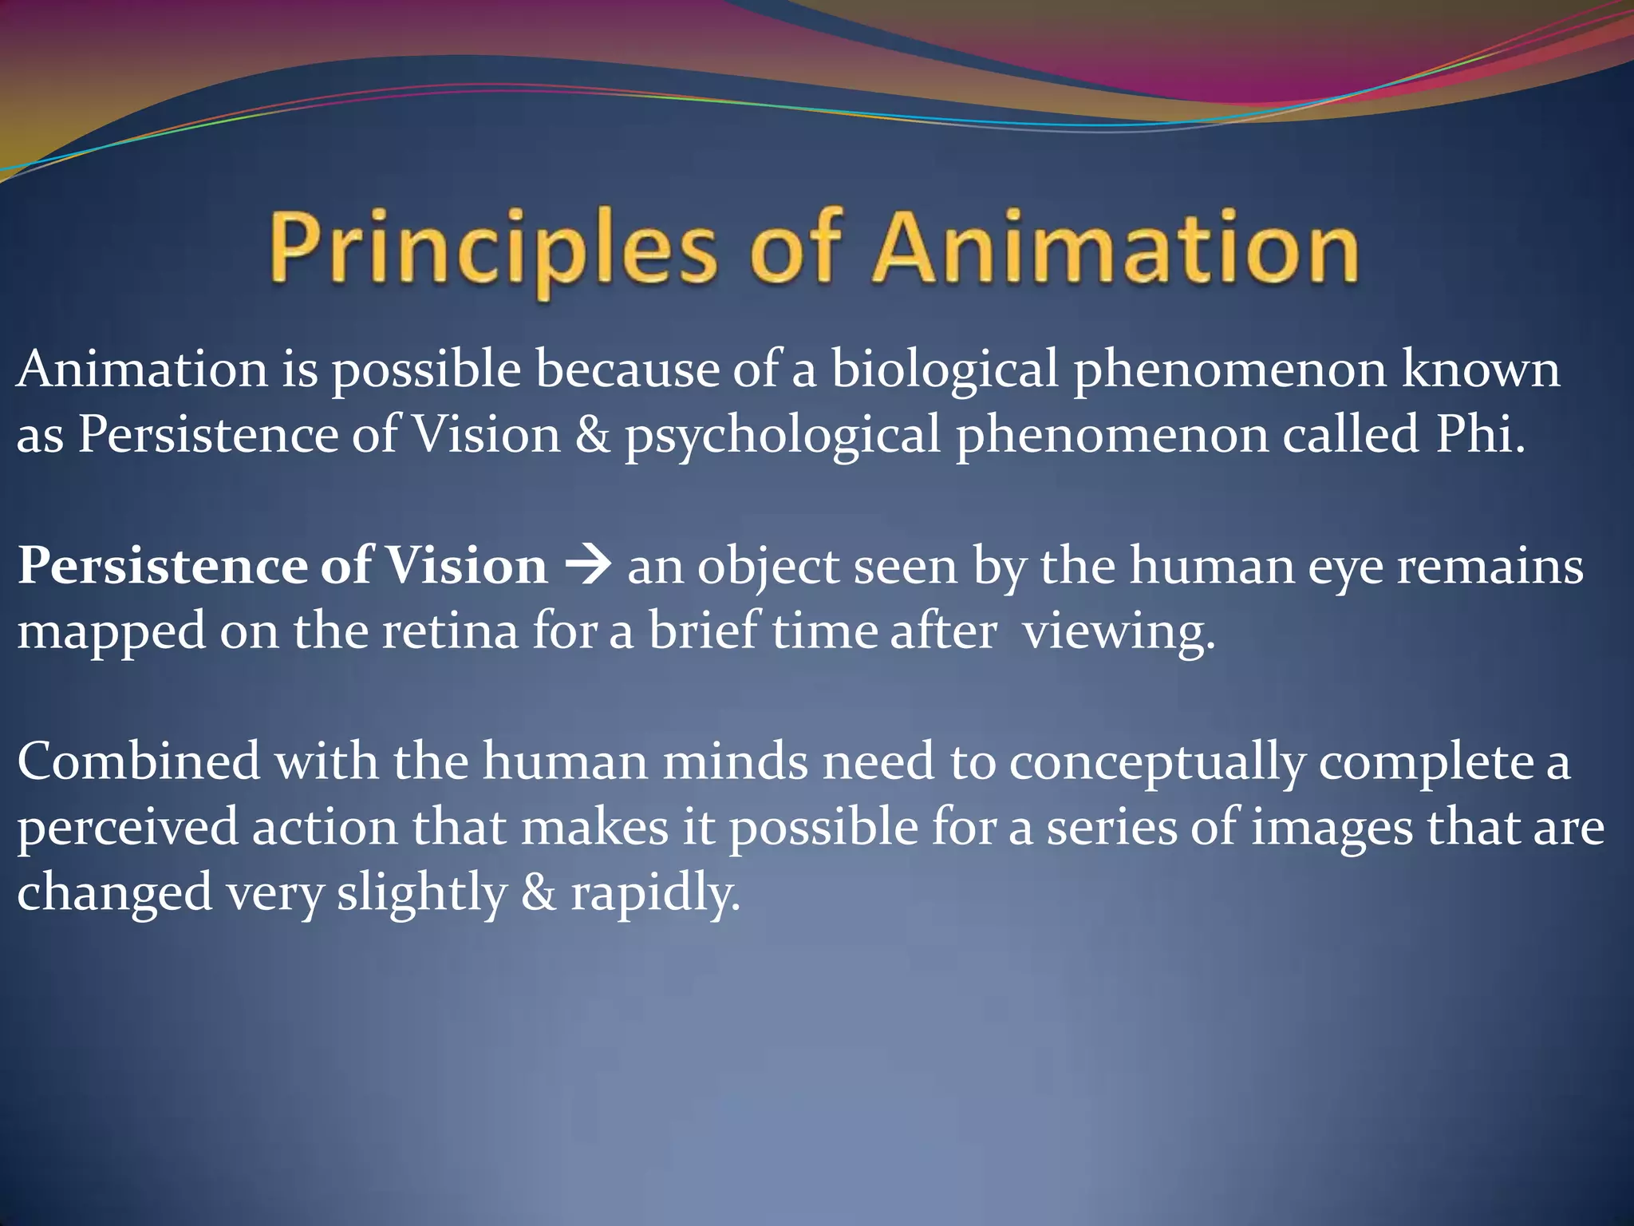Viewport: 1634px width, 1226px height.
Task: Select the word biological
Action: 945,370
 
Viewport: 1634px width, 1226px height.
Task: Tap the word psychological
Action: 783,436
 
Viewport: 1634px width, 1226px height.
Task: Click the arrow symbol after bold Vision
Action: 588,567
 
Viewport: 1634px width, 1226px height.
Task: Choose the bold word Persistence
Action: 162,567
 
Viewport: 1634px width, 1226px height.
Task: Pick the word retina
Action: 450,631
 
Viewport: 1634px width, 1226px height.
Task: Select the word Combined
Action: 138,761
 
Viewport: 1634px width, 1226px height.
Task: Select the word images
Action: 1332,829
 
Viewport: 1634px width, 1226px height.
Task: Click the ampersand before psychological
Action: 592,436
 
